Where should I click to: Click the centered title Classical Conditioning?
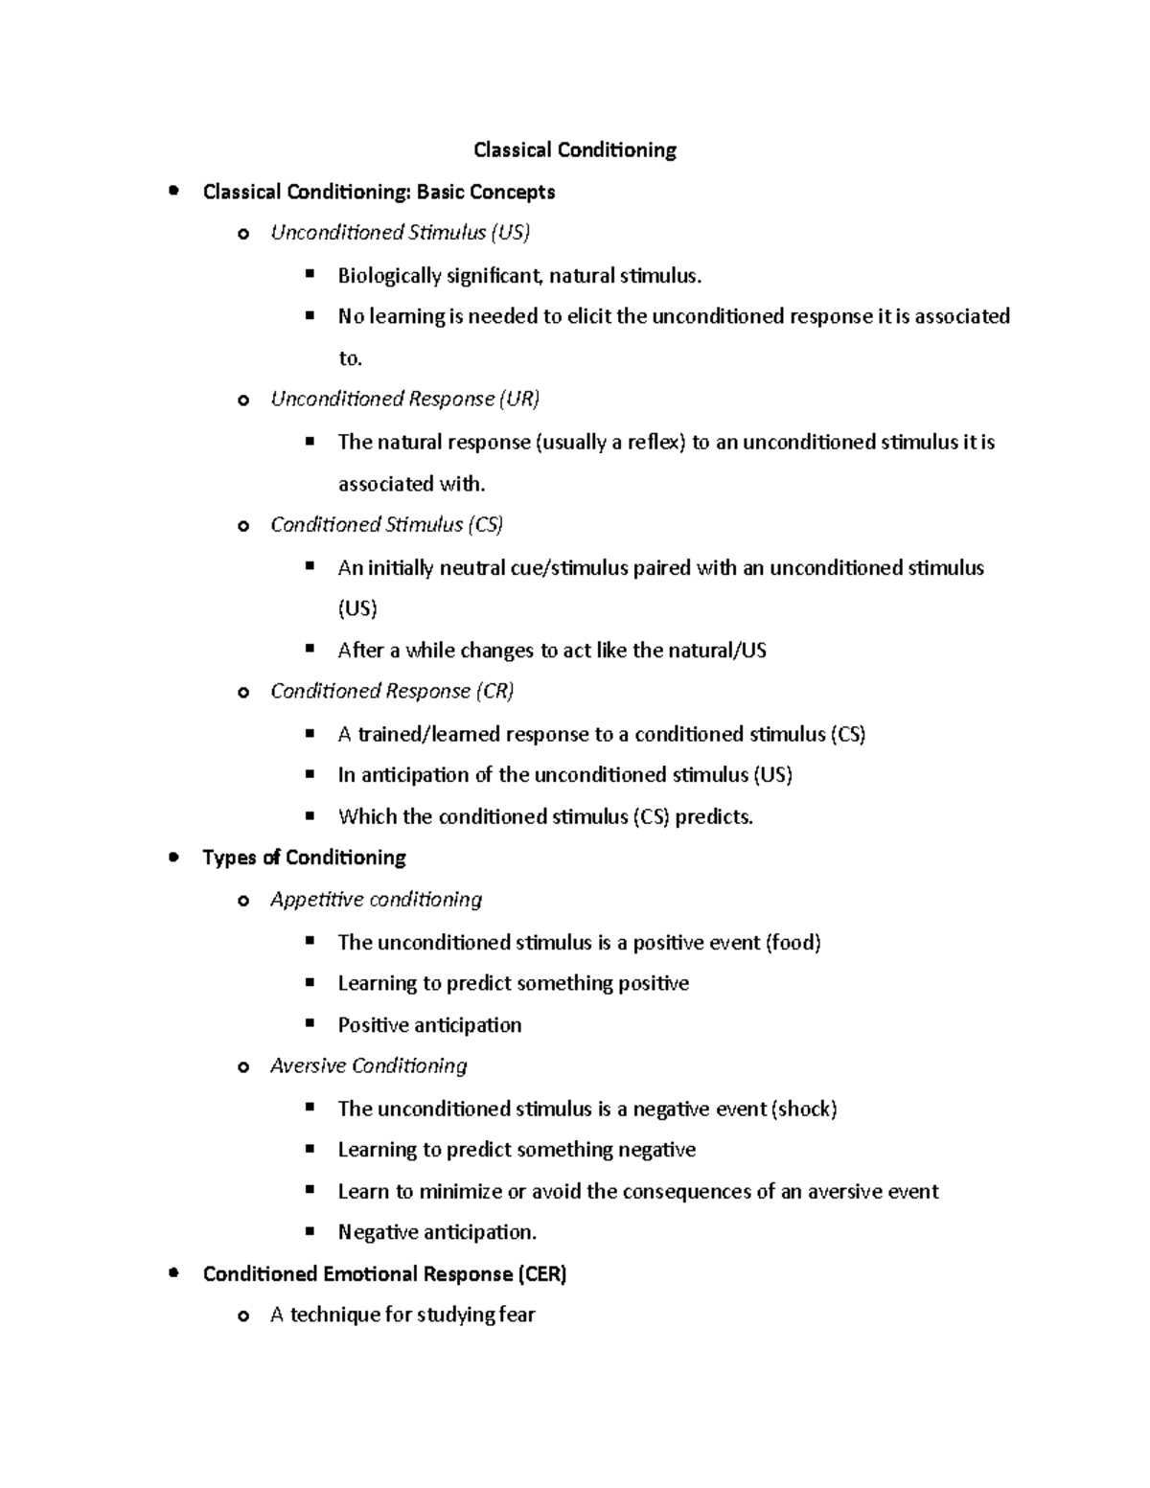575,150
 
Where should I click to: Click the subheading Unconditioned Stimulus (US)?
400,233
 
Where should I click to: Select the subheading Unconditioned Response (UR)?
404,400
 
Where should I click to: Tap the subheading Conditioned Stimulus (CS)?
386,525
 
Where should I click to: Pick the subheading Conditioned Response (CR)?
392,692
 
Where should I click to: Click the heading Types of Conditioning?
304,858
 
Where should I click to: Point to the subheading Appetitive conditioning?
376,900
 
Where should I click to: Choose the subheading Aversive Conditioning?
368,1066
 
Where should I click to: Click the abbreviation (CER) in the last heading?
542,1274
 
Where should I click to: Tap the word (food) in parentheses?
793,943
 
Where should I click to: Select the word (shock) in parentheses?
804,1110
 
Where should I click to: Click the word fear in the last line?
517,1316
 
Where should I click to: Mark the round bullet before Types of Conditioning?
172,857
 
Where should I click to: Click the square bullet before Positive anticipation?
310,1023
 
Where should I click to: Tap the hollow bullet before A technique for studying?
242,1316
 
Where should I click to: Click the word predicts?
714,817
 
